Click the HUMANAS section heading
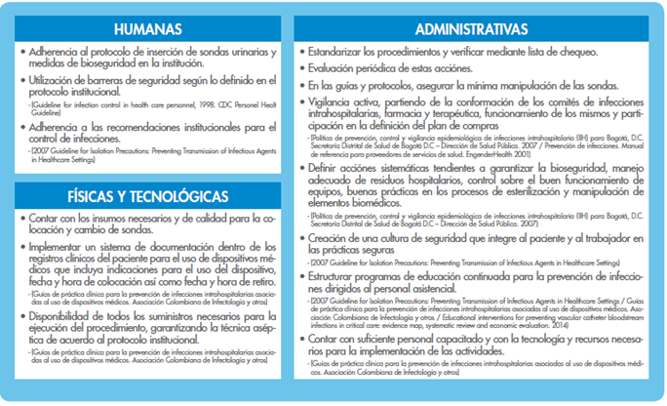[x=148, y=29]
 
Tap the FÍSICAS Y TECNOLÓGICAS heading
[x=148, y=196]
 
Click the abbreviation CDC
[x=227, y=101]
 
